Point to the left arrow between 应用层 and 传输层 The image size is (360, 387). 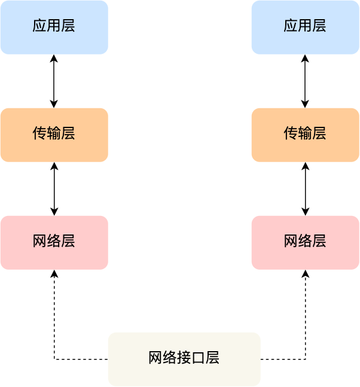(x=54, y=81)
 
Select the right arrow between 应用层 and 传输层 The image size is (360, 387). (x=305, y=81)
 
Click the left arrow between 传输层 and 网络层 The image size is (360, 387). (x=54, y=188)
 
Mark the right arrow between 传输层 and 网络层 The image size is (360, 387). (x=305, y=188)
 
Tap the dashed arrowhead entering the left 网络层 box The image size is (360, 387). (x=54, y=273)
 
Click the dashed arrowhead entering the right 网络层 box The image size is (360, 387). (x=305, y=273)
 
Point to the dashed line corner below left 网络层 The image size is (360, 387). (x=54, y=359)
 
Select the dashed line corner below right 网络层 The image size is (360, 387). (x=305, y=359)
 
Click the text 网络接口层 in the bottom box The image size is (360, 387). (x=184, y=358)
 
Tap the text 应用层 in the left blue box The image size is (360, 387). (x=54, y=26)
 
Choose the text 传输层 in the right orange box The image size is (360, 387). (x=305, y=133)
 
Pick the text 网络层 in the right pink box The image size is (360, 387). (x=305, y=241)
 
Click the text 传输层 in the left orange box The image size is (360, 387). (x=54, y=133)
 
